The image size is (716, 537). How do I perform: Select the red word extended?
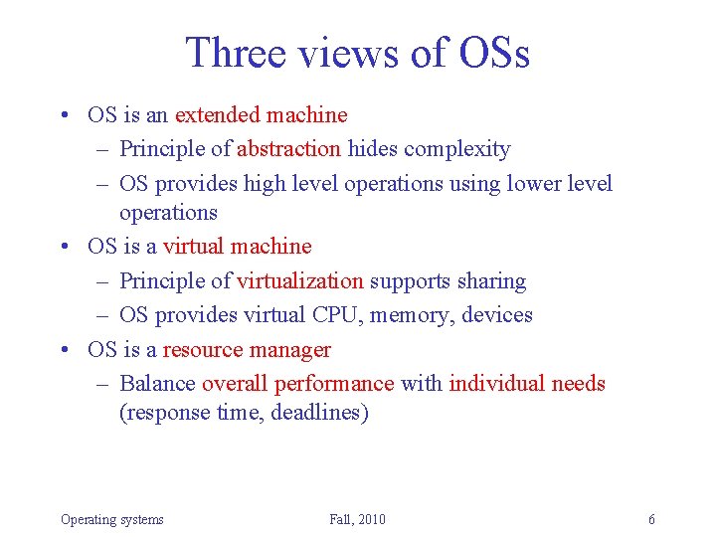click(219, 115)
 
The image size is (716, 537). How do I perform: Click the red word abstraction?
click(288, 149)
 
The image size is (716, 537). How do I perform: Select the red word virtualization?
click(300, 281)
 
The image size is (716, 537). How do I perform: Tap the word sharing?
click(486, 281)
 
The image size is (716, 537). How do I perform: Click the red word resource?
click(204, 350)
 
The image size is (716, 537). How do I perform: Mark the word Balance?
click(157, 384)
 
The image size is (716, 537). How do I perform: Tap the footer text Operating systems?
click(112, 519)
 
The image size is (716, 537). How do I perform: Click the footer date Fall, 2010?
click(357, 519)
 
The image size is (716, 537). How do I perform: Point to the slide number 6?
click(651, 519)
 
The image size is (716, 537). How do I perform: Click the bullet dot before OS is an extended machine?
click(65, 116)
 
